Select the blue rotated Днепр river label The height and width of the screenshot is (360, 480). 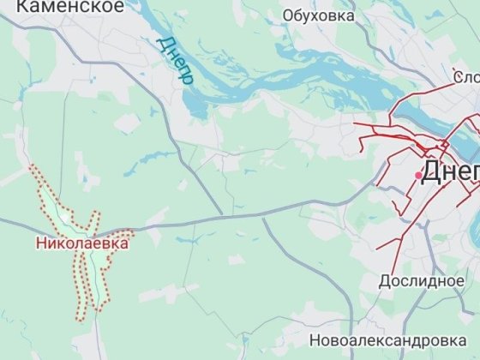click(x=176, y=59)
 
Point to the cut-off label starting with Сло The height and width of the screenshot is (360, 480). click(x=467, y=79)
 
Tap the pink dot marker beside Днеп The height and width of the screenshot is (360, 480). click(x=419, y=175)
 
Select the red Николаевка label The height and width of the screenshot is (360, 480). click(x=82, y=243)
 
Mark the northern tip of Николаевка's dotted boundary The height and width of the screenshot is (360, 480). click(x=34, y=167)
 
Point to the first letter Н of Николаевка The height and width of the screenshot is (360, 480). click(x=40, y=243)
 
